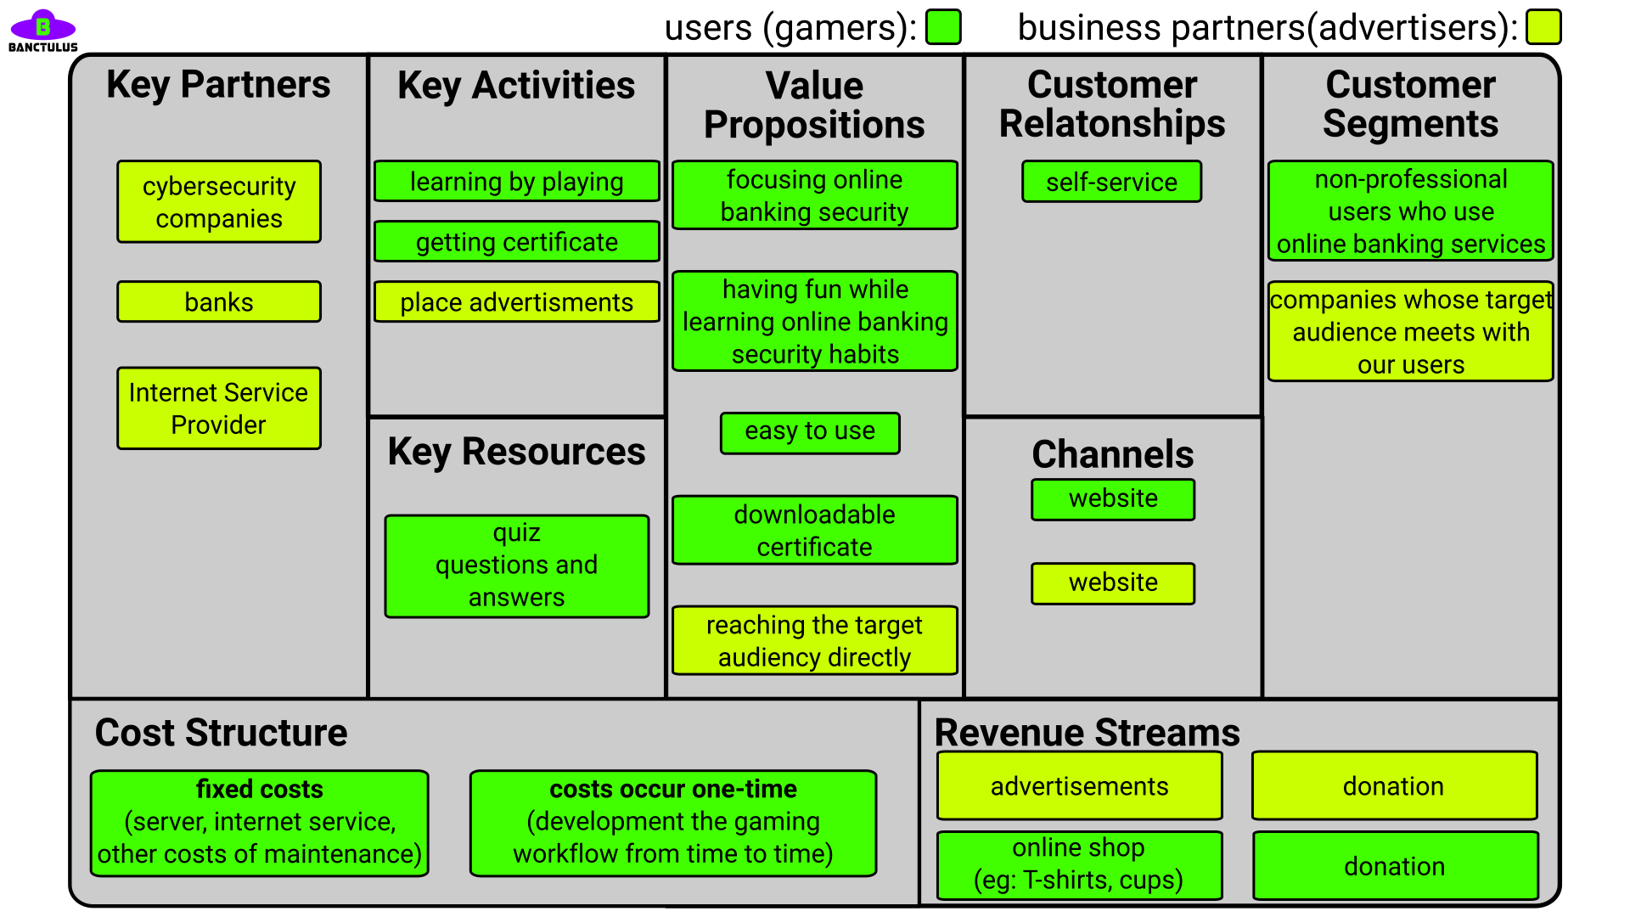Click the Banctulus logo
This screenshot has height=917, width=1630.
(42, 31)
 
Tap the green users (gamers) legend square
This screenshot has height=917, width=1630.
(943, 27)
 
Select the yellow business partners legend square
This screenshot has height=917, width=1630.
(1543, 27)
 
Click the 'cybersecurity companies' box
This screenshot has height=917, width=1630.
(219, 202)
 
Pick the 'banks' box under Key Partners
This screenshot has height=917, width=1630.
(219, 302)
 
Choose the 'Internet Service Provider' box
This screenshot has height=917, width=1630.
(219, 408)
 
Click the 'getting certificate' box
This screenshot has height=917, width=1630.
(517, 242)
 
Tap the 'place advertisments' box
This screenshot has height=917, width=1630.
(517, 302)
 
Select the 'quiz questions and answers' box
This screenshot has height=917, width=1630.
(517, 565)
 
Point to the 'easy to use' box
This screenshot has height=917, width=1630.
(810, 433)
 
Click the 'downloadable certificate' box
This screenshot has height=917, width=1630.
(815, 531)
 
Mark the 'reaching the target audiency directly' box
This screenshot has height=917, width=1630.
(815, 641)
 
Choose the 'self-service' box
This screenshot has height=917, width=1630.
(1112, 182)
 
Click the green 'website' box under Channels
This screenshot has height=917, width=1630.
(1113, 499)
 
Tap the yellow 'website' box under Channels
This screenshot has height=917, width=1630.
(1113, 583)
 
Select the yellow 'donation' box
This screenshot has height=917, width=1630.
(1395, 785)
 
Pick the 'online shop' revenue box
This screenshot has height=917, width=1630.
(1080, 865)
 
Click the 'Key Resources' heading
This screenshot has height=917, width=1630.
(517, 452)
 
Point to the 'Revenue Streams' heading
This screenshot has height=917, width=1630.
(1088, 732)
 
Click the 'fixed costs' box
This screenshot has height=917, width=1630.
(260, 823)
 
